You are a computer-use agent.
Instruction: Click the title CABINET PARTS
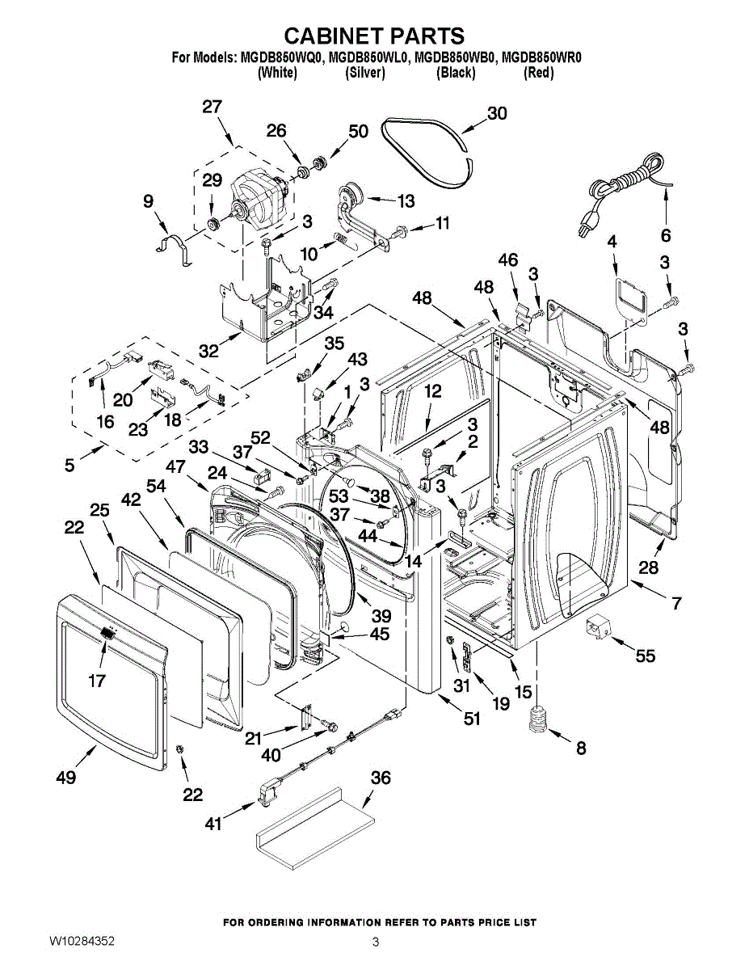[x=374, y=36]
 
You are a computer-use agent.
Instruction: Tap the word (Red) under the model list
[x=538, y=72]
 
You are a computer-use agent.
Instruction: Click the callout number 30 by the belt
[x=497, y=113]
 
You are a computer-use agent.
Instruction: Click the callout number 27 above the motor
[x=212, y=107]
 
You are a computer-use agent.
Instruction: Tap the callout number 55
[x=645, y=656]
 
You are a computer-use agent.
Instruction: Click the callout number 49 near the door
[x=66, y=777]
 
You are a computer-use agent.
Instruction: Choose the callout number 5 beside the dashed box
[x=69, y=466]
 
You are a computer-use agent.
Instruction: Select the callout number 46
[x=508, y=259]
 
